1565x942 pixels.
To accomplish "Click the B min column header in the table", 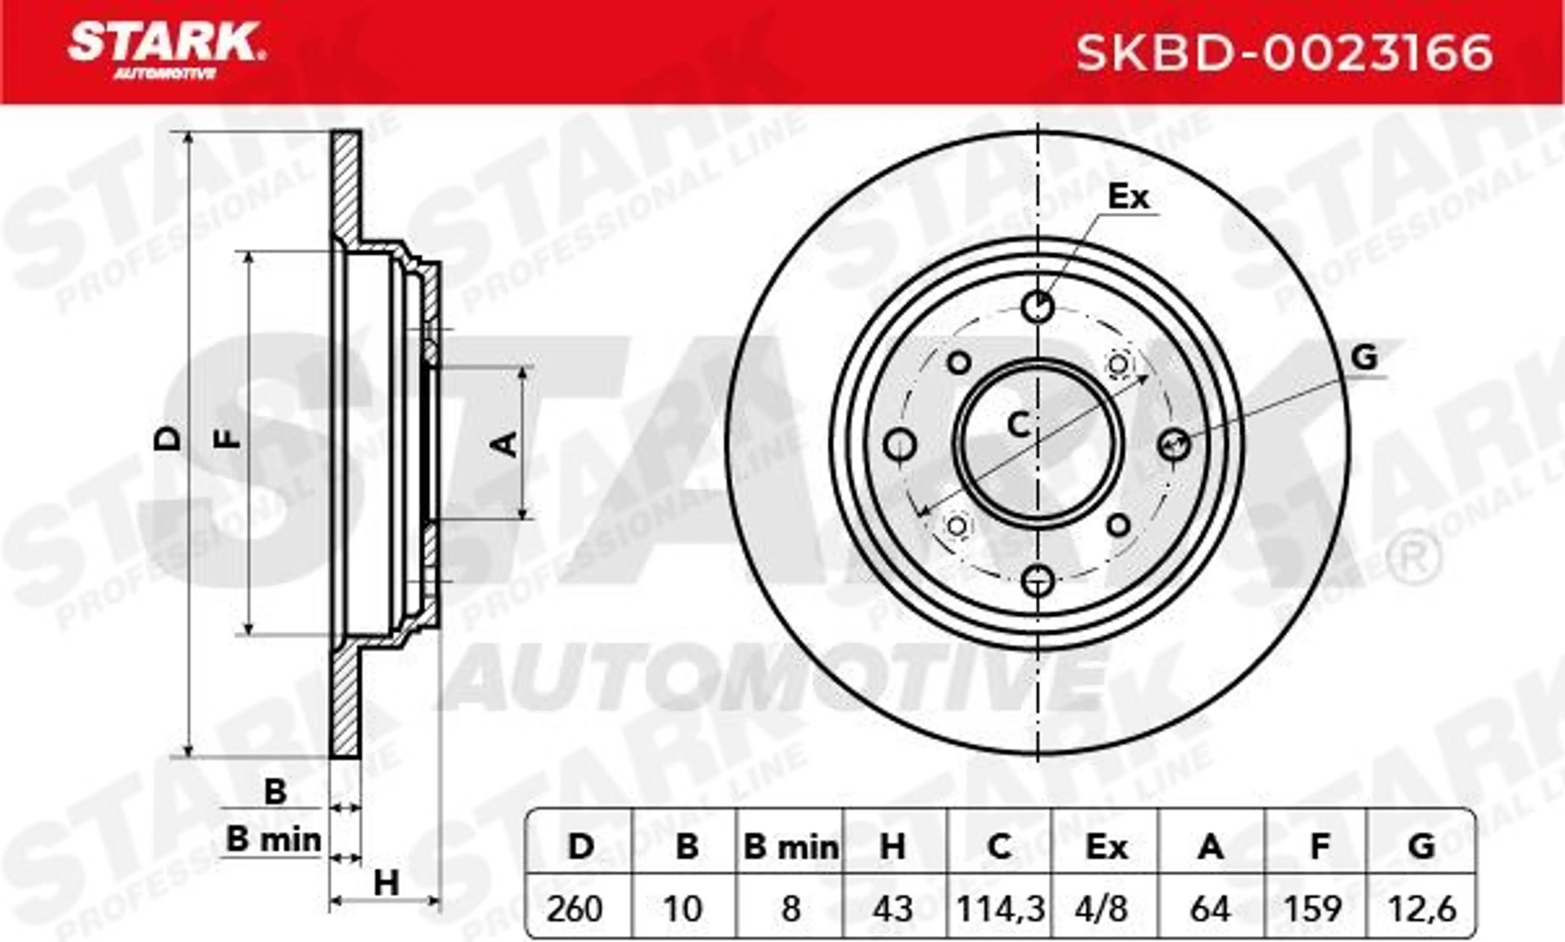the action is pyautogui.click(x=790, y=847).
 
